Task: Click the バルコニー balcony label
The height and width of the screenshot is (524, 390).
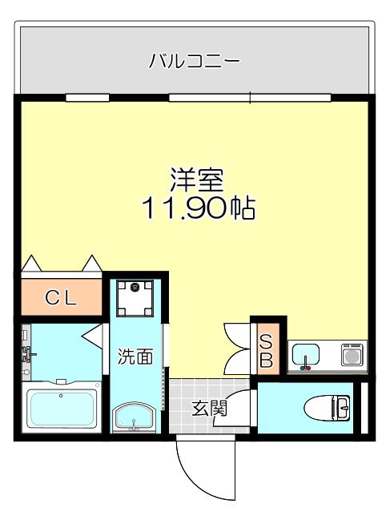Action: (194, 61)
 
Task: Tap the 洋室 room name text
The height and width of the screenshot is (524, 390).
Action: (197, 179)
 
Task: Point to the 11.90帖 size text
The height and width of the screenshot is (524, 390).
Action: (199, 208)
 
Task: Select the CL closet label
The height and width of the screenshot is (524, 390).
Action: (61, 298)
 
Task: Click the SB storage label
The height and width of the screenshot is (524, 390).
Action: (266, 351)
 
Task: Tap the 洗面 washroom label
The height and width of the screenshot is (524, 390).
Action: (135, 357)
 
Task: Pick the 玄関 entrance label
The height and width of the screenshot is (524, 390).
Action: (209, 408)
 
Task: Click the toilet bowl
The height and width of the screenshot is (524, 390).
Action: (327, 408)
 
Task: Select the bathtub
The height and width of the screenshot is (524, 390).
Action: (62, 409)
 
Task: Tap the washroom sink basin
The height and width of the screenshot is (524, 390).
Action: (135, 417)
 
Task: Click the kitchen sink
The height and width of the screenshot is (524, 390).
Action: (306, 357)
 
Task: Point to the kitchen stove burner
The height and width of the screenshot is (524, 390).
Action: (352, 356)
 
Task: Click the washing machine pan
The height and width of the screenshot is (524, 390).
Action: (135, 298)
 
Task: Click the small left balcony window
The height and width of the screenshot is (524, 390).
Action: (87, 98)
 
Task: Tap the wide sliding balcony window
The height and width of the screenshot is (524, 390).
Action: (250, 98)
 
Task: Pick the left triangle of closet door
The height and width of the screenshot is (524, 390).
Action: (31, 264)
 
